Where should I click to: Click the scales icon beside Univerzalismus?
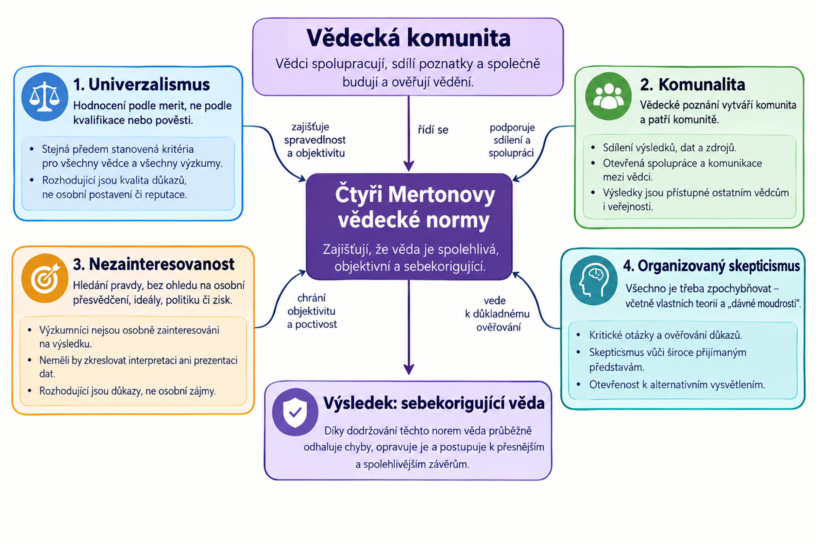[45, 97]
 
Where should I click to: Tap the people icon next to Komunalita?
[608, 96]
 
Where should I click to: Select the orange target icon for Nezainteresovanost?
[45, 278]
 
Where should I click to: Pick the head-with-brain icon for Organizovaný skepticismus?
[594, 280]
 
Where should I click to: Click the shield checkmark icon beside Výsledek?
[295, 412]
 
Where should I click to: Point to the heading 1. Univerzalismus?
[141, 84]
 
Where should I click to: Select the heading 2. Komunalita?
[693, 84]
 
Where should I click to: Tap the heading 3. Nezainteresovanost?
[154, 265]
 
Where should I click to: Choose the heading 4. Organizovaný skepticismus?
[712, 266]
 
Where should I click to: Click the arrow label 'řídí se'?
[433, 130]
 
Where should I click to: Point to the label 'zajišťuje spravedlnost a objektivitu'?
[315, 140]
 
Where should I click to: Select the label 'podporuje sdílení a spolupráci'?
[512, 140]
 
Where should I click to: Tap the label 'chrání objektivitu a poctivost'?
[312, 311]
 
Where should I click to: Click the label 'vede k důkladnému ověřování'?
[497, 314]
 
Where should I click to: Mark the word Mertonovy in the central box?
[442, 195]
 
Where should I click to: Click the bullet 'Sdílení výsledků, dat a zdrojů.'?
[669, 148]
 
